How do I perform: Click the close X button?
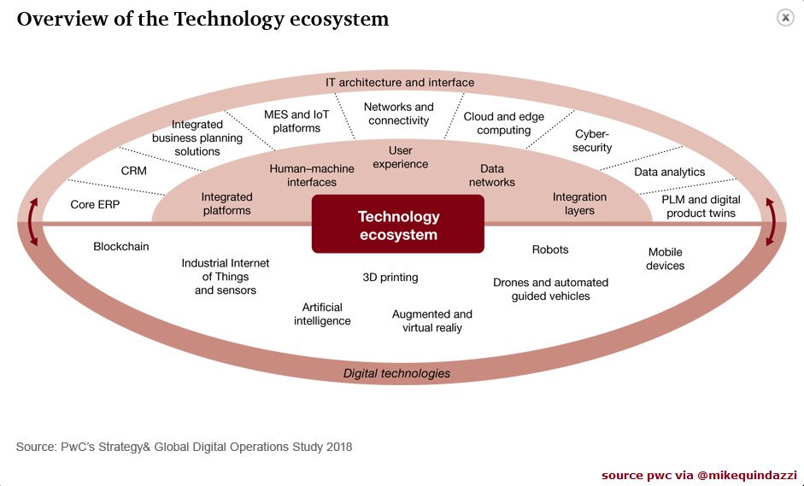[x=785, y=18]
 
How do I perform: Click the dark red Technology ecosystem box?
[x=398, y=225]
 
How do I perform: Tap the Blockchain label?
[x=121, y=247]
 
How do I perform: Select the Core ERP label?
[x=95, y=205]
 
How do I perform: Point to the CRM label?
[x=134, y=171]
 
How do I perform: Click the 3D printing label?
[x=390, y=278]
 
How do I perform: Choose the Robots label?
[x=550, y=249]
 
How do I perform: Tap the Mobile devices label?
[x=666, y=259]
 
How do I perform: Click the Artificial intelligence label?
[x=322, y=314]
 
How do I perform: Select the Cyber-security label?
[x=593, y=141]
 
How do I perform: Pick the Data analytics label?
[x=670, y=172]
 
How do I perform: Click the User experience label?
[x=401, y=158]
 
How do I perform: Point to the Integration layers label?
[x=579, y=203]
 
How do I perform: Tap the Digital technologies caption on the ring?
[x=396, y=373]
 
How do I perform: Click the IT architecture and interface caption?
[x=400, y=83]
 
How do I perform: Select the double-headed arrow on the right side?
[x=772, y=222]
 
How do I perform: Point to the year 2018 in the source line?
[x=337, y=447]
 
